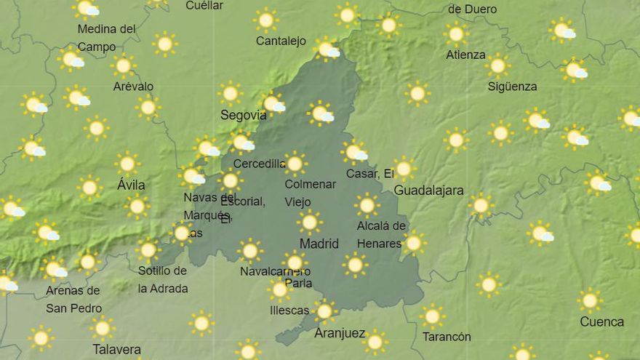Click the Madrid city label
319,244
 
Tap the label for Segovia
243,115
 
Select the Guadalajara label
428,191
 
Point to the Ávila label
131,185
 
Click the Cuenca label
601,321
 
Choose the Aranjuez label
340,333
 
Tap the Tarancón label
447,337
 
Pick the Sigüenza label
512,87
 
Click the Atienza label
465,55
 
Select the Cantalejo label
281,41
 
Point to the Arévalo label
133,87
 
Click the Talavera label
116,350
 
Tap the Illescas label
289,311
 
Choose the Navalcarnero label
275,271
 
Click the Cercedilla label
259,164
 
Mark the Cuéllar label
204,6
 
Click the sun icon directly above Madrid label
309,221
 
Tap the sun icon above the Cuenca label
590,300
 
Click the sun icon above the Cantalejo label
266,20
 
